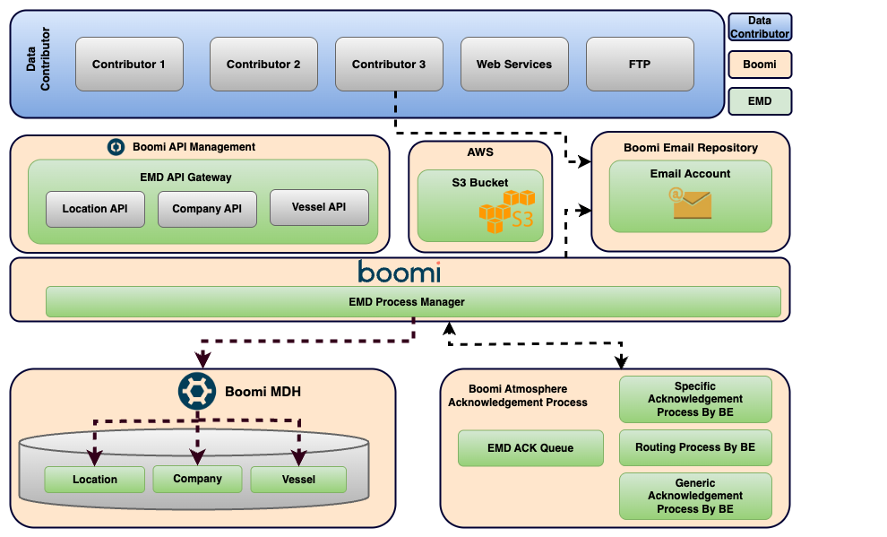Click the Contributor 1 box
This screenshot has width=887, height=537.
pos(129,64)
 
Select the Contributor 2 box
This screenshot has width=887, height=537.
pos(263,64)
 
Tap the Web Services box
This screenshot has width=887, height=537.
pos(514,64)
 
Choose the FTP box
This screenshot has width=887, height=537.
pos(640,64)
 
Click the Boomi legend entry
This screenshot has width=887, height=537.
pos(760,65)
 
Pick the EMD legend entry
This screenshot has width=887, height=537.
pos(760,101)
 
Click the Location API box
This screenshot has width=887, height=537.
pos(95,209)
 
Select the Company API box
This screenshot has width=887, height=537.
pos(207,209)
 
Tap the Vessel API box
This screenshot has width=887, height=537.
pos(319,207)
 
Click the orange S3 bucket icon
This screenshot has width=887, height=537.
pos(507,212)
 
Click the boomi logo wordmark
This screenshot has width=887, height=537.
pos(400,273)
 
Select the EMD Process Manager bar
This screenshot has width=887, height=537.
pos(413,301)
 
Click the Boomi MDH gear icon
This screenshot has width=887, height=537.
pos(197,391)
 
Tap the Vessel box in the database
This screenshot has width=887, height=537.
pos(298,480)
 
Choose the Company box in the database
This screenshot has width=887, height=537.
pos(197,479)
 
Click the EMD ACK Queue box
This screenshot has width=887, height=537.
pos(530,448)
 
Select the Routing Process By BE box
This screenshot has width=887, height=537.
pos(695,447)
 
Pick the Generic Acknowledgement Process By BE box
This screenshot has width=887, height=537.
pos(695,497)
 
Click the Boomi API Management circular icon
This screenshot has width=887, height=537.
pos(116,147)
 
